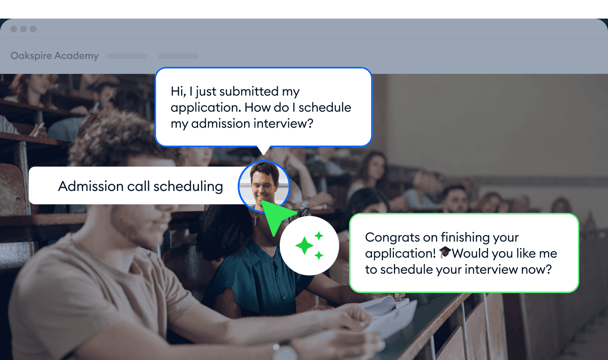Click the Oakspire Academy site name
pos(54,56)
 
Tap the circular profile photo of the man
pos(264,185)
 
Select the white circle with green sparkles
pos(309,246)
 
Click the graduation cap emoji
pos(445,253)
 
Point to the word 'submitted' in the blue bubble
pos(249,91)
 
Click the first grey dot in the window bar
pos(14,29)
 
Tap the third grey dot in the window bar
pos(33,29)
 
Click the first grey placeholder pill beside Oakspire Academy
pos(127,56)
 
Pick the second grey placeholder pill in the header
pos(178,56)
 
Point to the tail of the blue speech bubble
pos(263,150)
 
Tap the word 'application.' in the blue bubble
pos(206,107)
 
